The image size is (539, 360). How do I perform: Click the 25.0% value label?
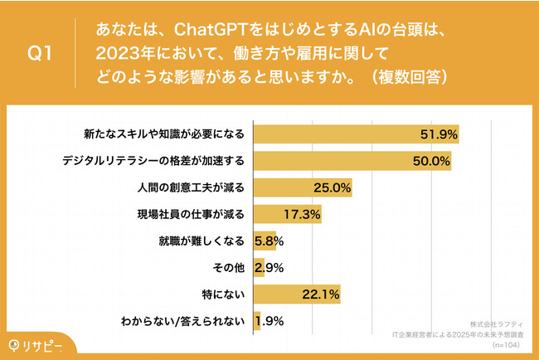tap(333, 188)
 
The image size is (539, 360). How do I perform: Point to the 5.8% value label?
tap(269, 241)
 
